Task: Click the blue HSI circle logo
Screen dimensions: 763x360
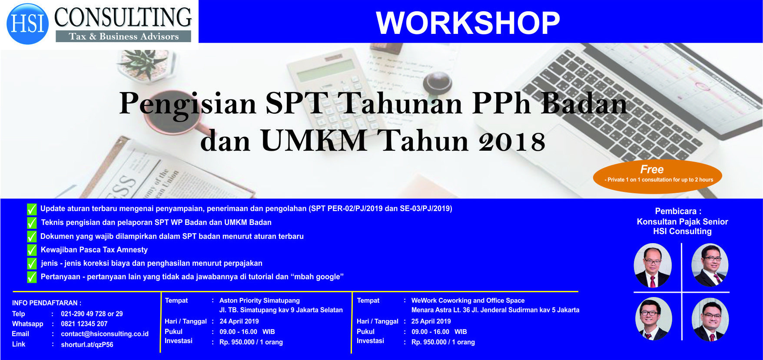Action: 28,24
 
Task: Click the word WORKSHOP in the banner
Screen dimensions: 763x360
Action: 468,23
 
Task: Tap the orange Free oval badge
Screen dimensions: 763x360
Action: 657,176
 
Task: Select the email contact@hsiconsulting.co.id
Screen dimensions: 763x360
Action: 105,334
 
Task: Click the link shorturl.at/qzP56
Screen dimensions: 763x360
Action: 87,345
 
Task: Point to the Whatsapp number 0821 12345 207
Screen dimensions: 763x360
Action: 84,324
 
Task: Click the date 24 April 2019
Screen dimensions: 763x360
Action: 239,321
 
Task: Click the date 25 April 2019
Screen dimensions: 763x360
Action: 431,321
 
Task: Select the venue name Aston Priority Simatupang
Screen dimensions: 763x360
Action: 259,301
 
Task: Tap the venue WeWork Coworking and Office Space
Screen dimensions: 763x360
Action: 468,301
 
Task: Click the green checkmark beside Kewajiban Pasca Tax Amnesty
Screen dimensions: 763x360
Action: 32,250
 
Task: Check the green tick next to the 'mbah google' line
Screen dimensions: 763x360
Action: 32,277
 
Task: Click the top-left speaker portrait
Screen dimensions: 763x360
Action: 653,265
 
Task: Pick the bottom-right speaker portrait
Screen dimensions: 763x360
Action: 710,320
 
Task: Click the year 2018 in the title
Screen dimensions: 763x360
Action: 512,142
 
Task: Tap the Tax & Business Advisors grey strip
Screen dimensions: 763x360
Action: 123,36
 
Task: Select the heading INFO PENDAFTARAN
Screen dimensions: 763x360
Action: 46,303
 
